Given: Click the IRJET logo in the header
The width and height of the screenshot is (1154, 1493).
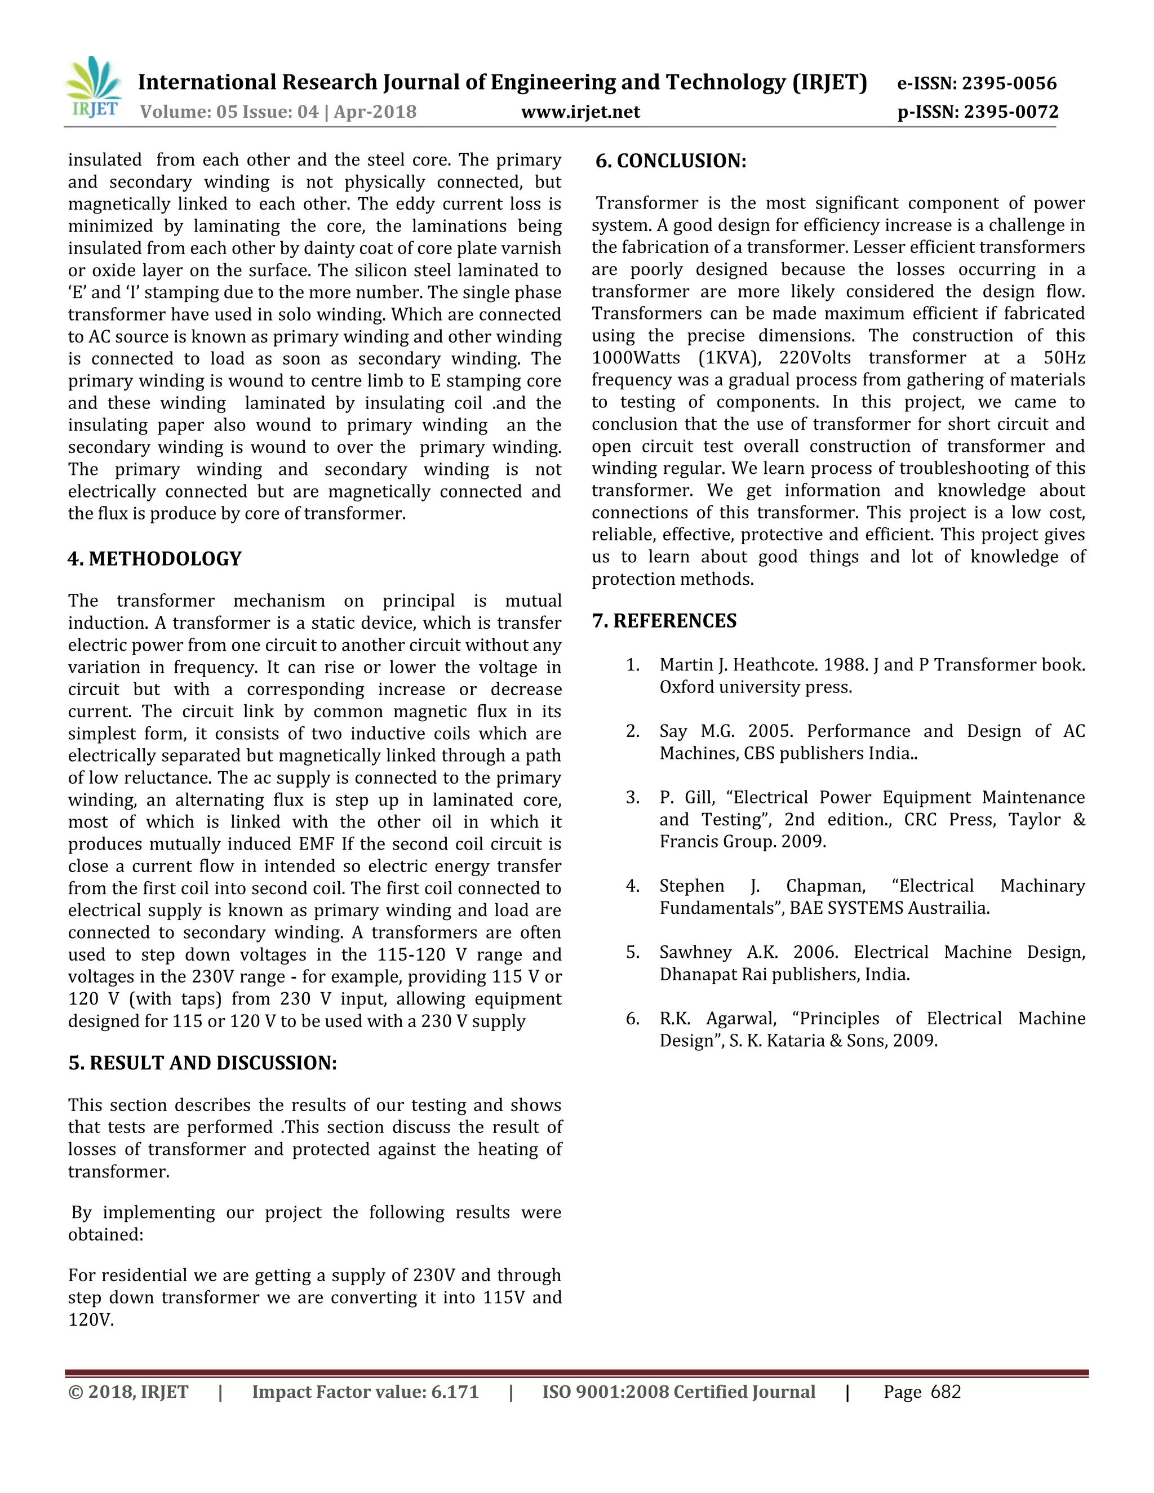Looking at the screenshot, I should point(94,89).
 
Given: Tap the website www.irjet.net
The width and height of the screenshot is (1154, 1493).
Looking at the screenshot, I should point(580,112).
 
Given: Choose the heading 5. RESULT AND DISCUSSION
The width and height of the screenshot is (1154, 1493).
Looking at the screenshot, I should point(202,1063).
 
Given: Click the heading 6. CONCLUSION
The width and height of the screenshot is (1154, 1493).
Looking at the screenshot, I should point(671,161).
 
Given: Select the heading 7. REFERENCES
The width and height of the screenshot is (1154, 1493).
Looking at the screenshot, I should point(664,621).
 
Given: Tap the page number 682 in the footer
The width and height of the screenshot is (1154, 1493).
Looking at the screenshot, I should point(946,1392).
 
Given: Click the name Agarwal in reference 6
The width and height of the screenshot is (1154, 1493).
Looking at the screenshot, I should point(741,1019).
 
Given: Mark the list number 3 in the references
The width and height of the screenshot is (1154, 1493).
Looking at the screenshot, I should point(632,798).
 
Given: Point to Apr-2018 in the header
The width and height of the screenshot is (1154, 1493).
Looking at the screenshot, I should point(375,112).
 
